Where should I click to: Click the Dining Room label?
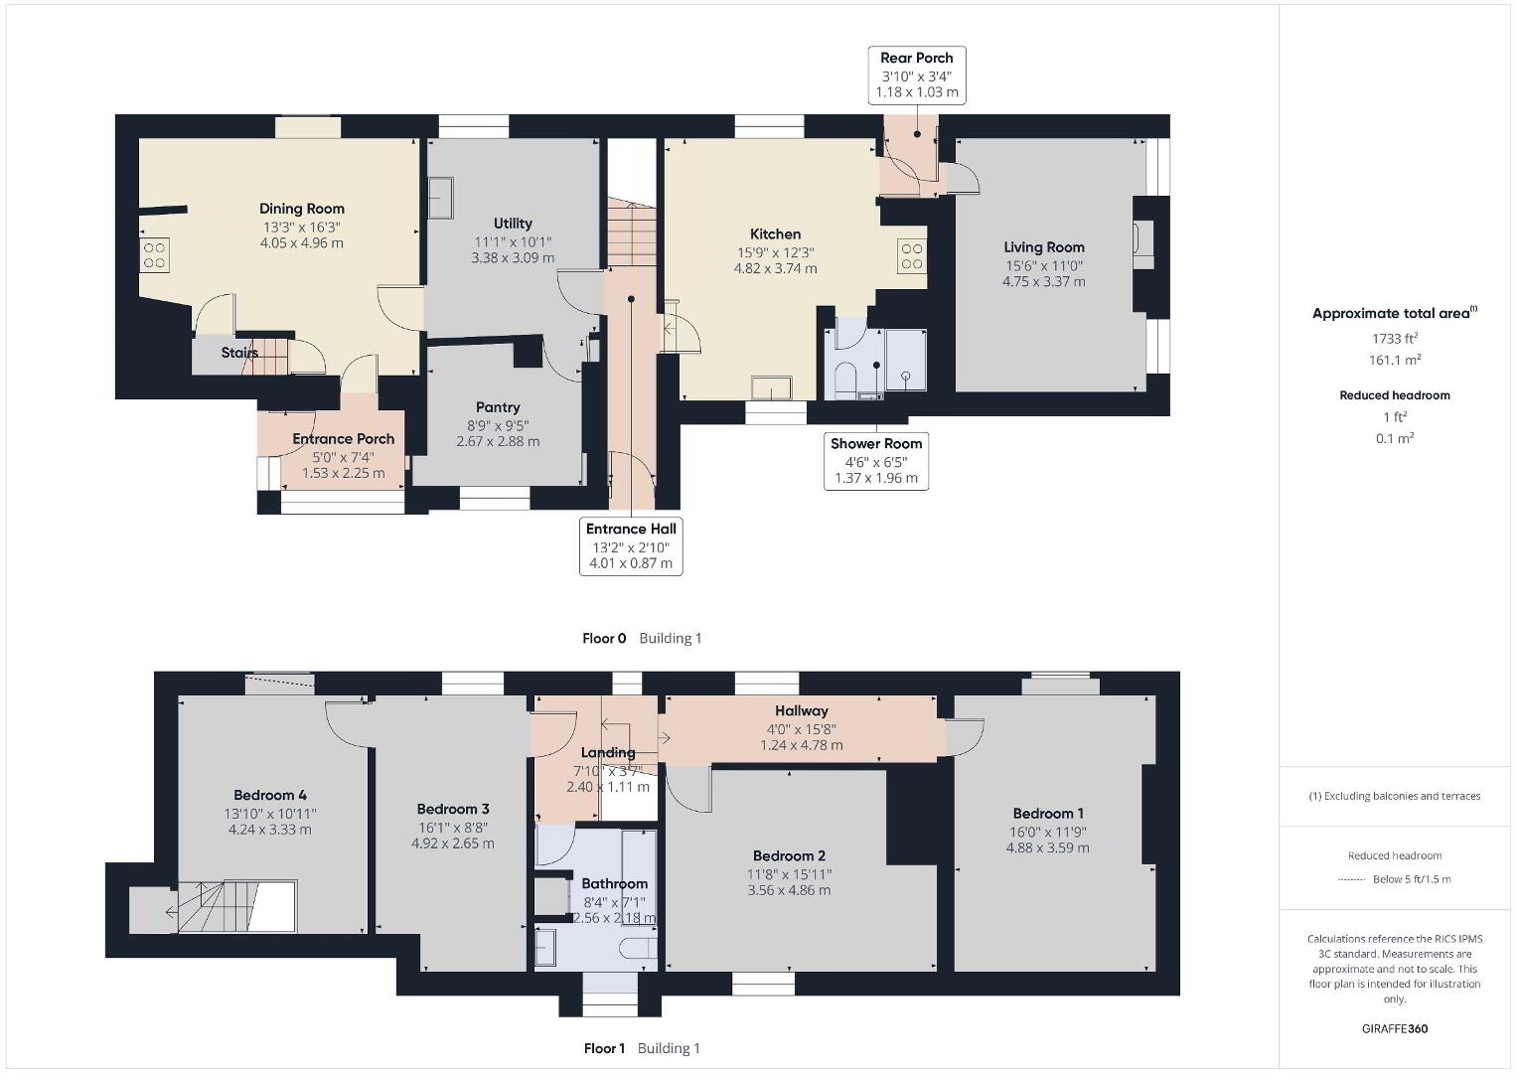tap(301, 209)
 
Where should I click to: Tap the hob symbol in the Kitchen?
tap(912, 256)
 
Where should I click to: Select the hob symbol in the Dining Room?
tap(154, 254)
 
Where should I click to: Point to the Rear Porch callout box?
tap(917, 76)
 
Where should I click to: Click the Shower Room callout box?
tap(876, 461)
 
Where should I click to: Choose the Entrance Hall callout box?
tap(631, 546)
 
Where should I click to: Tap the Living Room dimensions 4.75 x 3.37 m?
tap(1043, 282)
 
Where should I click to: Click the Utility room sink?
tap(440, 197)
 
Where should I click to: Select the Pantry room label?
tap(498, 407)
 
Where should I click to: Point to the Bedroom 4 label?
tap(270, 795)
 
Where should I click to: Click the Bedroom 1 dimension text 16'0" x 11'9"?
tap(1048, 832)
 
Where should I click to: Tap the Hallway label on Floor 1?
tap(802, 710)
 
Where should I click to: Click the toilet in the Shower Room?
tap(845, 380)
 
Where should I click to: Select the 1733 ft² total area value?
tap(1395, 338)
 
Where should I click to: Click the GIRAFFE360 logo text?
tap(1395, 1028)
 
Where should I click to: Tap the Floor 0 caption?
tap(604, 638)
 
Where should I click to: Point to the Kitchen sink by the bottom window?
tap(771, 388)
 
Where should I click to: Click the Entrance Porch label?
tap(344, 439)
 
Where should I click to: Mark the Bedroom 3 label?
tap(453, 809)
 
